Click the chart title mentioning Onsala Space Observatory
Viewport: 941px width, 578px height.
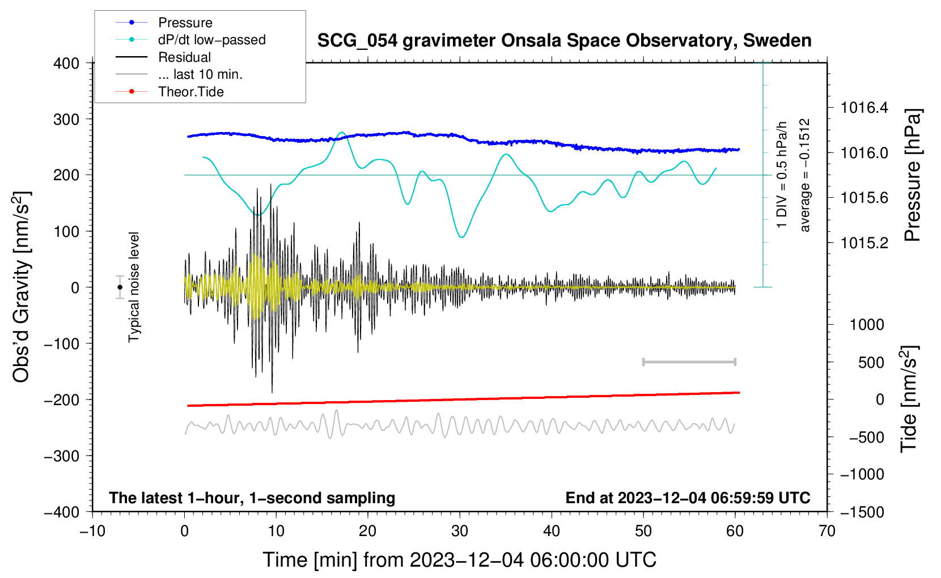[564, 41]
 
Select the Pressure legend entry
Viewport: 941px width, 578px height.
[164, 22]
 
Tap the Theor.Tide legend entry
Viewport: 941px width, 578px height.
[169, 92]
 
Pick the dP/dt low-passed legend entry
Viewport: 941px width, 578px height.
[190, 40]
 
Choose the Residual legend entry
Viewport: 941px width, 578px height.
[163, 57]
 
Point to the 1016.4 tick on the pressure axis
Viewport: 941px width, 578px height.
[864, 108]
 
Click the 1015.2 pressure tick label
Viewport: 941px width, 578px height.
[864, 243]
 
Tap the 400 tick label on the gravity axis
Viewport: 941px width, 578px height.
[66, 63]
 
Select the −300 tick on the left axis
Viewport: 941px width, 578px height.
[62, 456]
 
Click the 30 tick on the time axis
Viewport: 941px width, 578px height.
[460, 532]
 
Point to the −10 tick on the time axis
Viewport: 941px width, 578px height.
[92, 532]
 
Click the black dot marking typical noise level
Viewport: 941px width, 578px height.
[120, 287]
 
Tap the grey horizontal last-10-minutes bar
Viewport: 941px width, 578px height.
[689, 362]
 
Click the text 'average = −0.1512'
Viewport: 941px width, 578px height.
[804, 175]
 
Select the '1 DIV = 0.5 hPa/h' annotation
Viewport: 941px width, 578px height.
[781, 175]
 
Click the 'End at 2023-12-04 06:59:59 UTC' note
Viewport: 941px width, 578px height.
[688, 498]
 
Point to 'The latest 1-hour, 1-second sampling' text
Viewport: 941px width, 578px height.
[252, 498]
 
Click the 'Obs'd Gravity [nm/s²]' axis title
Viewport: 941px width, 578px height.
[21, 287]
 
